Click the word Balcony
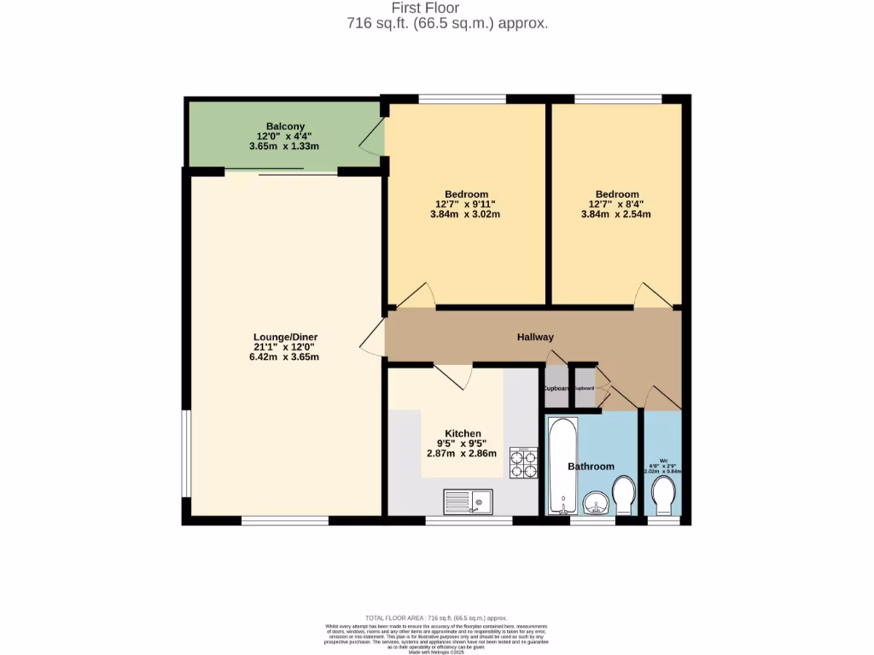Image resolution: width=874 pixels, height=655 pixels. [x=284, y=126]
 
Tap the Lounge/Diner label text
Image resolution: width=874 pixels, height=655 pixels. [x=285, y=337]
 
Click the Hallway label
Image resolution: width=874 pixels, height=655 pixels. [x=535, y=337]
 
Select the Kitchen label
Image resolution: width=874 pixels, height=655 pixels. [x=463, y=433]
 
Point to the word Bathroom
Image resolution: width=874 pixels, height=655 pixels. [x=591, y=467]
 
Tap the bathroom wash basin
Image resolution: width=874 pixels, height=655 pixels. [x=597, y=503]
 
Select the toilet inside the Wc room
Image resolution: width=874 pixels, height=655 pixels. [x=663, y=496]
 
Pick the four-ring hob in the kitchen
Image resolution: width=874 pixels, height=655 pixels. [x=523, y=461]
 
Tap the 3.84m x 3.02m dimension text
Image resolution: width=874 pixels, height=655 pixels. [x=464, y=214]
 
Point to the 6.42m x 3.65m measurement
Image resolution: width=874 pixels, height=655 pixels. [x=285, y=356]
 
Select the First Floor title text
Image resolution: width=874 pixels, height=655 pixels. [x=446, y=9]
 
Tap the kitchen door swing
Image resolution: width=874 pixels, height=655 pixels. [x=455, y=376]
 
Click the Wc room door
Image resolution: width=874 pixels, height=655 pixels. [x=661, y=397]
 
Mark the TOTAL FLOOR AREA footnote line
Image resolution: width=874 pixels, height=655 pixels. [x=436, y=617]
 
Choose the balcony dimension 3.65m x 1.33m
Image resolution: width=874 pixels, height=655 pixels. [x=284, y=146]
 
